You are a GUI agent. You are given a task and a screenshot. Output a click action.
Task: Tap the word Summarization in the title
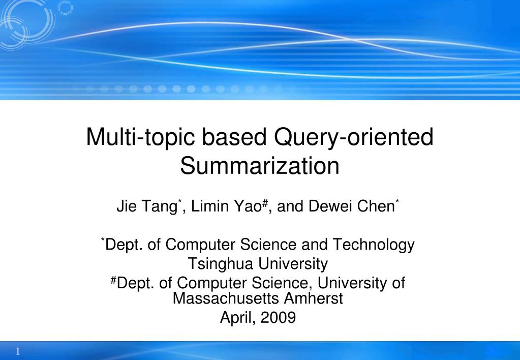(260, 166)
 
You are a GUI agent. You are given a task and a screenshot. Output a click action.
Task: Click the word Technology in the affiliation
(374, 245)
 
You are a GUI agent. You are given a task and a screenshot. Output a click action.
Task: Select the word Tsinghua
(222, 264)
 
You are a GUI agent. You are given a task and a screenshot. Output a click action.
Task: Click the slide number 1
(18, 352)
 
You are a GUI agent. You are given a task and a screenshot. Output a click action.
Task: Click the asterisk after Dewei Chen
(397, 202)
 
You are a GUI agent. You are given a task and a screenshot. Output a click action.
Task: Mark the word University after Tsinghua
(293, 264)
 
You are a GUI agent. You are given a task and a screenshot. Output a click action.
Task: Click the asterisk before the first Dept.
(103, 240)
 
